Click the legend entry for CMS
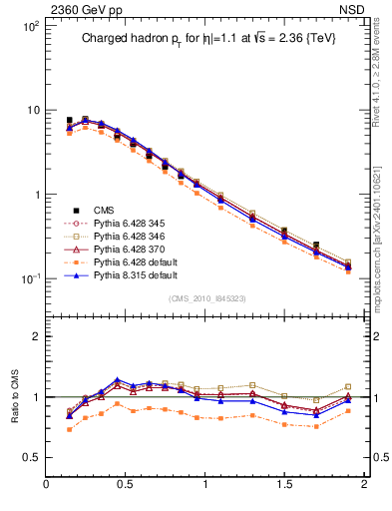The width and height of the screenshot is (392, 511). [x=104, y=210]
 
